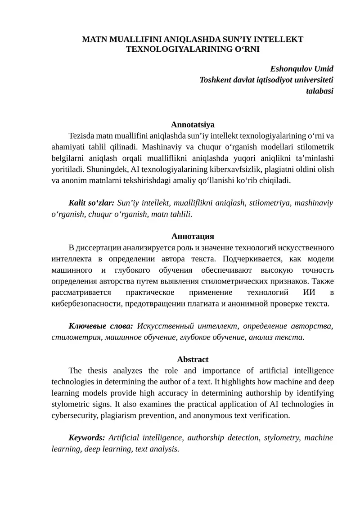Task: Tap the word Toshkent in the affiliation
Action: (216, 80)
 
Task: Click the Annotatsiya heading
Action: (193, 125)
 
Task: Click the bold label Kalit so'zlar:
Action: (91, 203)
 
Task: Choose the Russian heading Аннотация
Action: (193, 236)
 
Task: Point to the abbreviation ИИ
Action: (309, 293)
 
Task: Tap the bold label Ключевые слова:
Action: (101, 326)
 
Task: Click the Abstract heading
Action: (193, 360)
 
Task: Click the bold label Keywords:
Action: (87, 437)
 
